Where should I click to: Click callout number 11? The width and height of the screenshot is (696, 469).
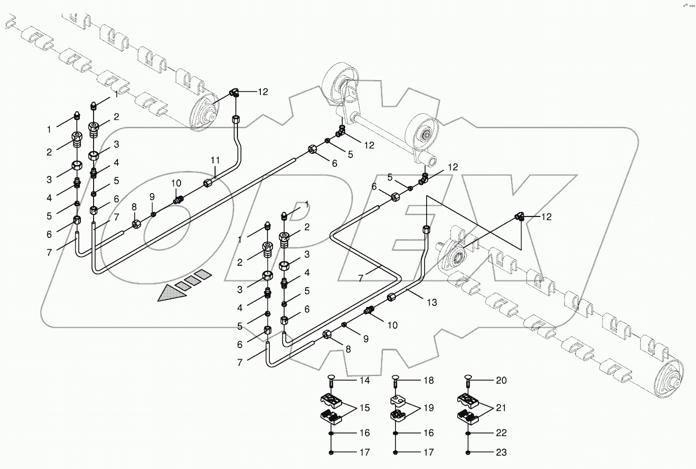point(215,160)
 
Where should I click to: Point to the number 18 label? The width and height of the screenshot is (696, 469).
point(429,381)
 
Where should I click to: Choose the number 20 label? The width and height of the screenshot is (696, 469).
point(501,381)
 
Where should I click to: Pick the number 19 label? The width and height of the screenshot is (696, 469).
point(429,408)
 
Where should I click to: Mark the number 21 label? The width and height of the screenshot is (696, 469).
point(501,408)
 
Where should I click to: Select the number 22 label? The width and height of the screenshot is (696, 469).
point(501,433)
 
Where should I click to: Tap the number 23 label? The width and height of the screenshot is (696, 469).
point(501,452)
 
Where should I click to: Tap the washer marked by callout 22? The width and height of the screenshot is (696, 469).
point(469,433)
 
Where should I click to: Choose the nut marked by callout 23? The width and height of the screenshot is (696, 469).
point(469,452)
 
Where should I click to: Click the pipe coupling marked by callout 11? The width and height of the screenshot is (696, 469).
point(208,182)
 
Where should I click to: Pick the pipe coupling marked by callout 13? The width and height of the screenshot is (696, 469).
point(392,298)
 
